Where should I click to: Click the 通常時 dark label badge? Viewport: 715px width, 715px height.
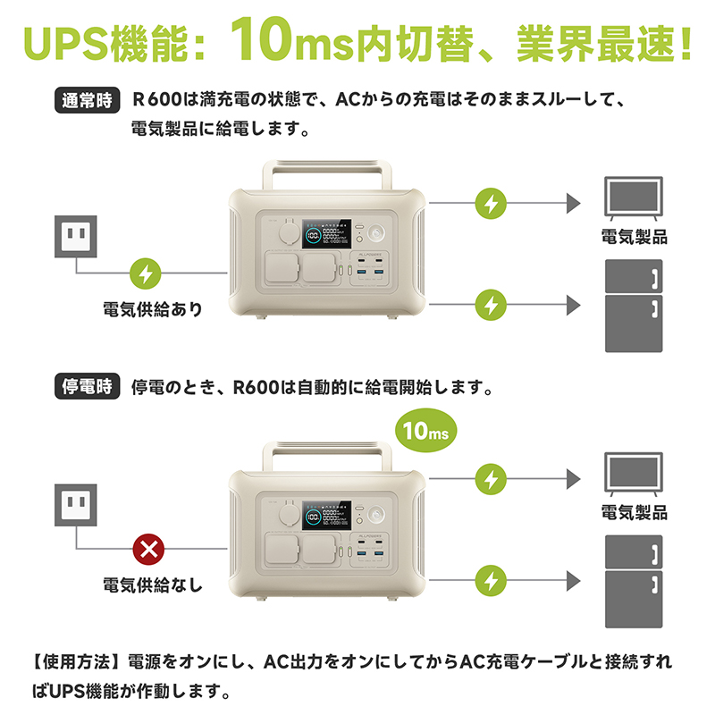(87, 100)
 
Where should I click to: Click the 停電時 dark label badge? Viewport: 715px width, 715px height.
(87, 386)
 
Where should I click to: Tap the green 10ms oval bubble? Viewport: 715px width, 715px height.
(426, 430)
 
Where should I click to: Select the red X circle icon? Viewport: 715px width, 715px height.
(148, 549)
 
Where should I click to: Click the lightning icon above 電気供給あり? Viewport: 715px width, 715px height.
(146, 273)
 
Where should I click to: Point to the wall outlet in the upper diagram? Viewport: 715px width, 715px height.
(76, 236)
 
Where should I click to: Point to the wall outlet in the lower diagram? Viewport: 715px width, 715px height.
(76, 505)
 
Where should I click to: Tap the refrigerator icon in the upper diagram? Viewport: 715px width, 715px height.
(634, 306)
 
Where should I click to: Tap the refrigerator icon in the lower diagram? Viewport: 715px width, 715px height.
(634, 582)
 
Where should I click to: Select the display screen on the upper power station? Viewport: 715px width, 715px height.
(326, 233)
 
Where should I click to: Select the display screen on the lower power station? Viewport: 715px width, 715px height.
(326, 516)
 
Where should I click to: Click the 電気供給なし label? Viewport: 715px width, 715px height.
(153, 585)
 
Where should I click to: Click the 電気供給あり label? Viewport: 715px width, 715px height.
(153, 309)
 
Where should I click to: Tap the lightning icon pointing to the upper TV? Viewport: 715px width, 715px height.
(491, 204)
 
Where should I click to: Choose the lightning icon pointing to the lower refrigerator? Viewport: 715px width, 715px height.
(491, 580)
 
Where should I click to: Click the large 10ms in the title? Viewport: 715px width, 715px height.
(292, 39)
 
